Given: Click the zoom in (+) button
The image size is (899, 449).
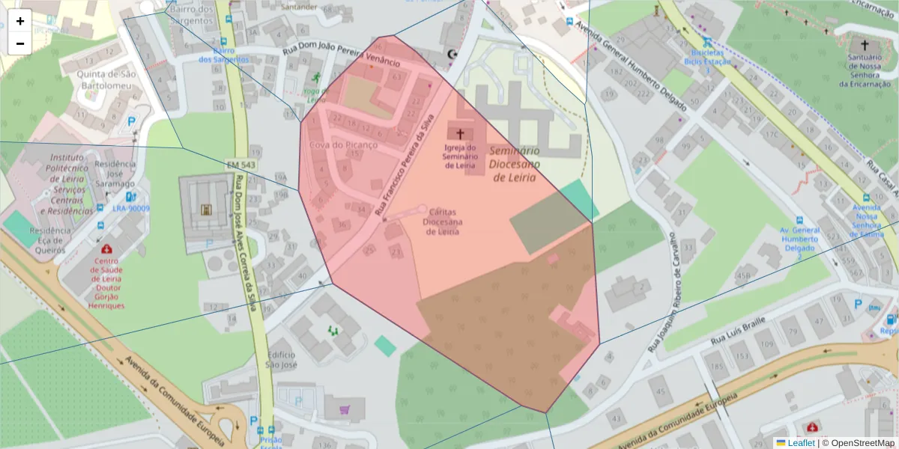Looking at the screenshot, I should click(x=20, y=21).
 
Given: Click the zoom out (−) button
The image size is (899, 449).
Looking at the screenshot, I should click(x=20, y=43).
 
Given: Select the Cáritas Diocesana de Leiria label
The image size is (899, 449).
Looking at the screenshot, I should click(x=442, y=222).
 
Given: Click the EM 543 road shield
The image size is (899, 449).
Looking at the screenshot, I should click(x=240, y=164).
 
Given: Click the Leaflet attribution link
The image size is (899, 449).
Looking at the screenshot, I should click(x=800, y=443).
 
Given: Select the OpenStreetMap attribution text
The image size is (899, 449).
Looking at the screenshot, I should click(x=861, y=443).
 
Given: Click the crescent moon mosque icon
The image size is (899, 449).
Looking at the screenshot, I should click(x=451, y=54).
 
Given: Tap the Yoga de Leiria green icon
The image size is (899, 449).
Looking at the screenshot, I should click(x=316, y=78).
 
